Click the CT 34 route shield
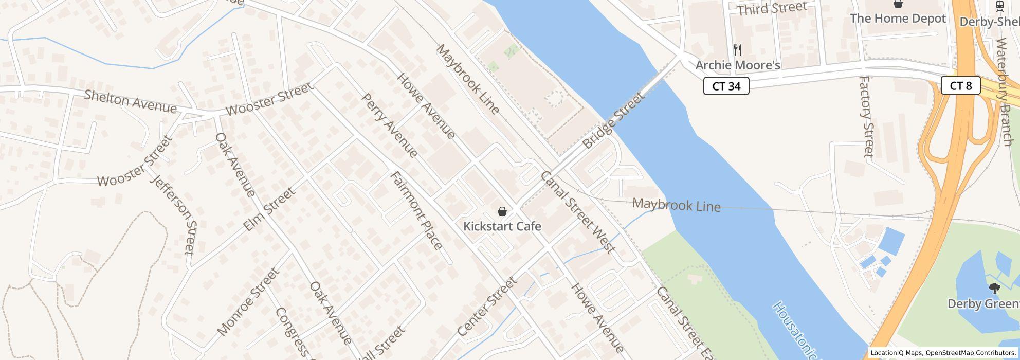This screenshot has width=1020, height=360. click(726, 86)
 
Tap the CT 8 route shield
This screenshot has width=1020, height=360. click(960, 85)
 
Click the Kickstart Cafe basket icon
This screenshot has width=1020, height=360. click(502, 211)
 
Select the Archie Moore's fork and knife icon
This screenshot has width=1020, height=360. click(738, 50)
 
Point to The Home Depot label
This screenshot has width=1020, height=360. click(898, 19)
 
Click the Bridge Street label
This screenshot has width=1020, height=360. click(614, 120)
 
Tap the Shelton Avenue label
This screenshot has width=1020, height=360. click(131, 101)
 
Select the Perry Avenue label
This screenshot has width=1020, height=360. click(389, 125)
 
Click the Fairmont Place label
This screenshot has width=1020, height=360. click(416, 210)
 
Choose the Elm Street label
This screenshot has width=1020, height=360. click(269, 209)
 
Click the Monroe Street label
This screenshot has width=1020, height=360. click(248, 302)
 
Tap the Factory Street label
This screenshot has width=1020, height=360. click(867, 117)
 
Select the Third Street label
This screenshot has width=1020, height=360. click(772, 9)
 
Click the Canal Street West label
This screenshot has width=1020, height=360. click(577, 212)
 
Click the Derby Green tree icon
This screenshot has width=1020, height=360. click(994, 288)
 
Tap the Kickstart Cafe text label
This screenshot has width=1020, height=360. click(502, 226)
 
